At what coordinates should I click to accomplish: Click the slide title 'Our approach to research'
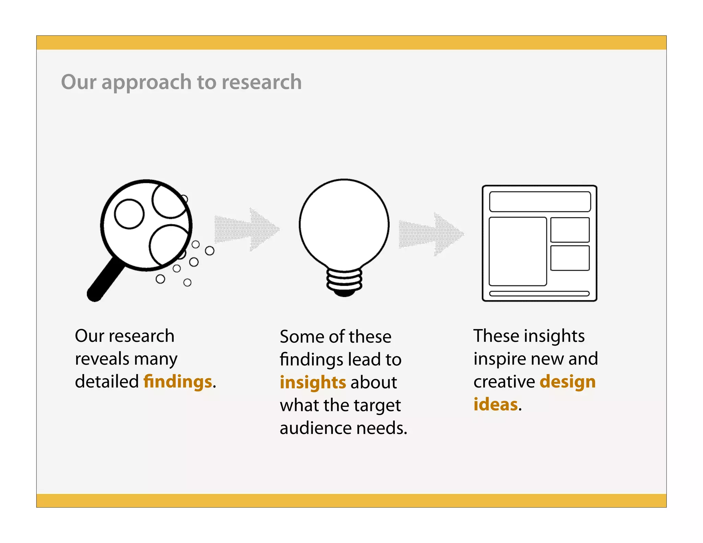tap(181, 82)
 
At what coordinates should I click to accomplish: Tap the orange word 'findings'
tap(177, 382)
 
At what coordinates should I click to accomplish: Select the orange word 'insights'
tap(313, 382)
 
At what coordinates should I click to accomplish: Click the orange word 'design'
tap(567, 382)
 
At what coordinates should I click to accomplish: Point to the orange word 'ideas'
tap(495, 404)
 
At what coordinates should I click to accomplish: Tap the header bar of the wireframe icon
tap(540, 201)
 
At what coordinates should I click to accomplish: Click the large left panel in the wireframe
tap(518, 251)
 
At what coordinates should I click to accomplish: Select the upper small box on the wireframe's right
tap(570, 230)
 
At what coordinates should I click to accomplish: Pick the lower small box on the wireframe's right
tap(570, 258)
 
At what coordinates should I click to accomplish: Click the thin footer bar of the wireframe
tap(539, 293)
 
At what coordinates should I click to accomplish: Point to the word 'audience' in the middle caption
tap(315, 428)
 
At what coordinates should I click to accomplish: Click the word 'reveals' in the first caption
tap(102, 359)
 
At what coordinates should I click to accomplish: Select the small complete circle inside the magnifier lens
tap(129, 214)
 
